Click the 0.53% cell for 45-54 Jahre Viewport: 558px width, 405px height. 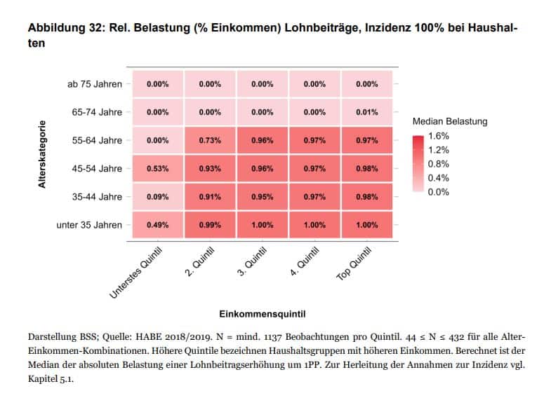pyautogui.click(x=158, y=169)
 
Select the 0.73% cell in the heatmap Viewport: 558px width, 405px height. pyautogui.click(x=210, y=140)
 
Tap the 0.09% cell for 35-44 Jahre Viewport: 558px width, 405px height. pyautogui.click(x=158, y=197)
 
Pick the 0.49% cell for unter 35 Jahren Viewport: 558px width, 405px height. pyautogui.click(x=158, y=225)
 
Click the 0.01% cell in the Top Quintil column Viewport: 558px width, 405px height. pyautogui.click(x=366, y=112)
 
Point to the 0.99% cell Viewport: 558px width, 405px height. pyautogui.click(x=210, y=225)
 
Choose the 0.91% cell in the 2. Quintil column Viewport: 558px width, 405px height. pyautogui.click(x=210, y=197)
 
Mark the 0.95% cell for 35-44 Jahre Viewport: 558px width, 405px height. pyautogui.click(x=262, y=197)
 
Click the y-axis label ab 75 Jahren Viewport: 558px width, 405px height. pyautogui.click(x=94, y=84)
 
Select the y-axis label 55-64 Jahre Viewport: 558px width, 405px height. pyautogui.click(x=97, y=140)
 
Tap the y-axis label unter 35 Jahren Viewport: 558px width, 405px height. pyautogui.click(x=89, y=225)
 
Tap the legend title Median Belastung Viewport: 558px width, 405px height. pyautogui.click(x=450, y=121)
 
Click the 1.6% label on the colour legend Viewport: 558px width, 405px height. pyautogui.click(x=439, y=135)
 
